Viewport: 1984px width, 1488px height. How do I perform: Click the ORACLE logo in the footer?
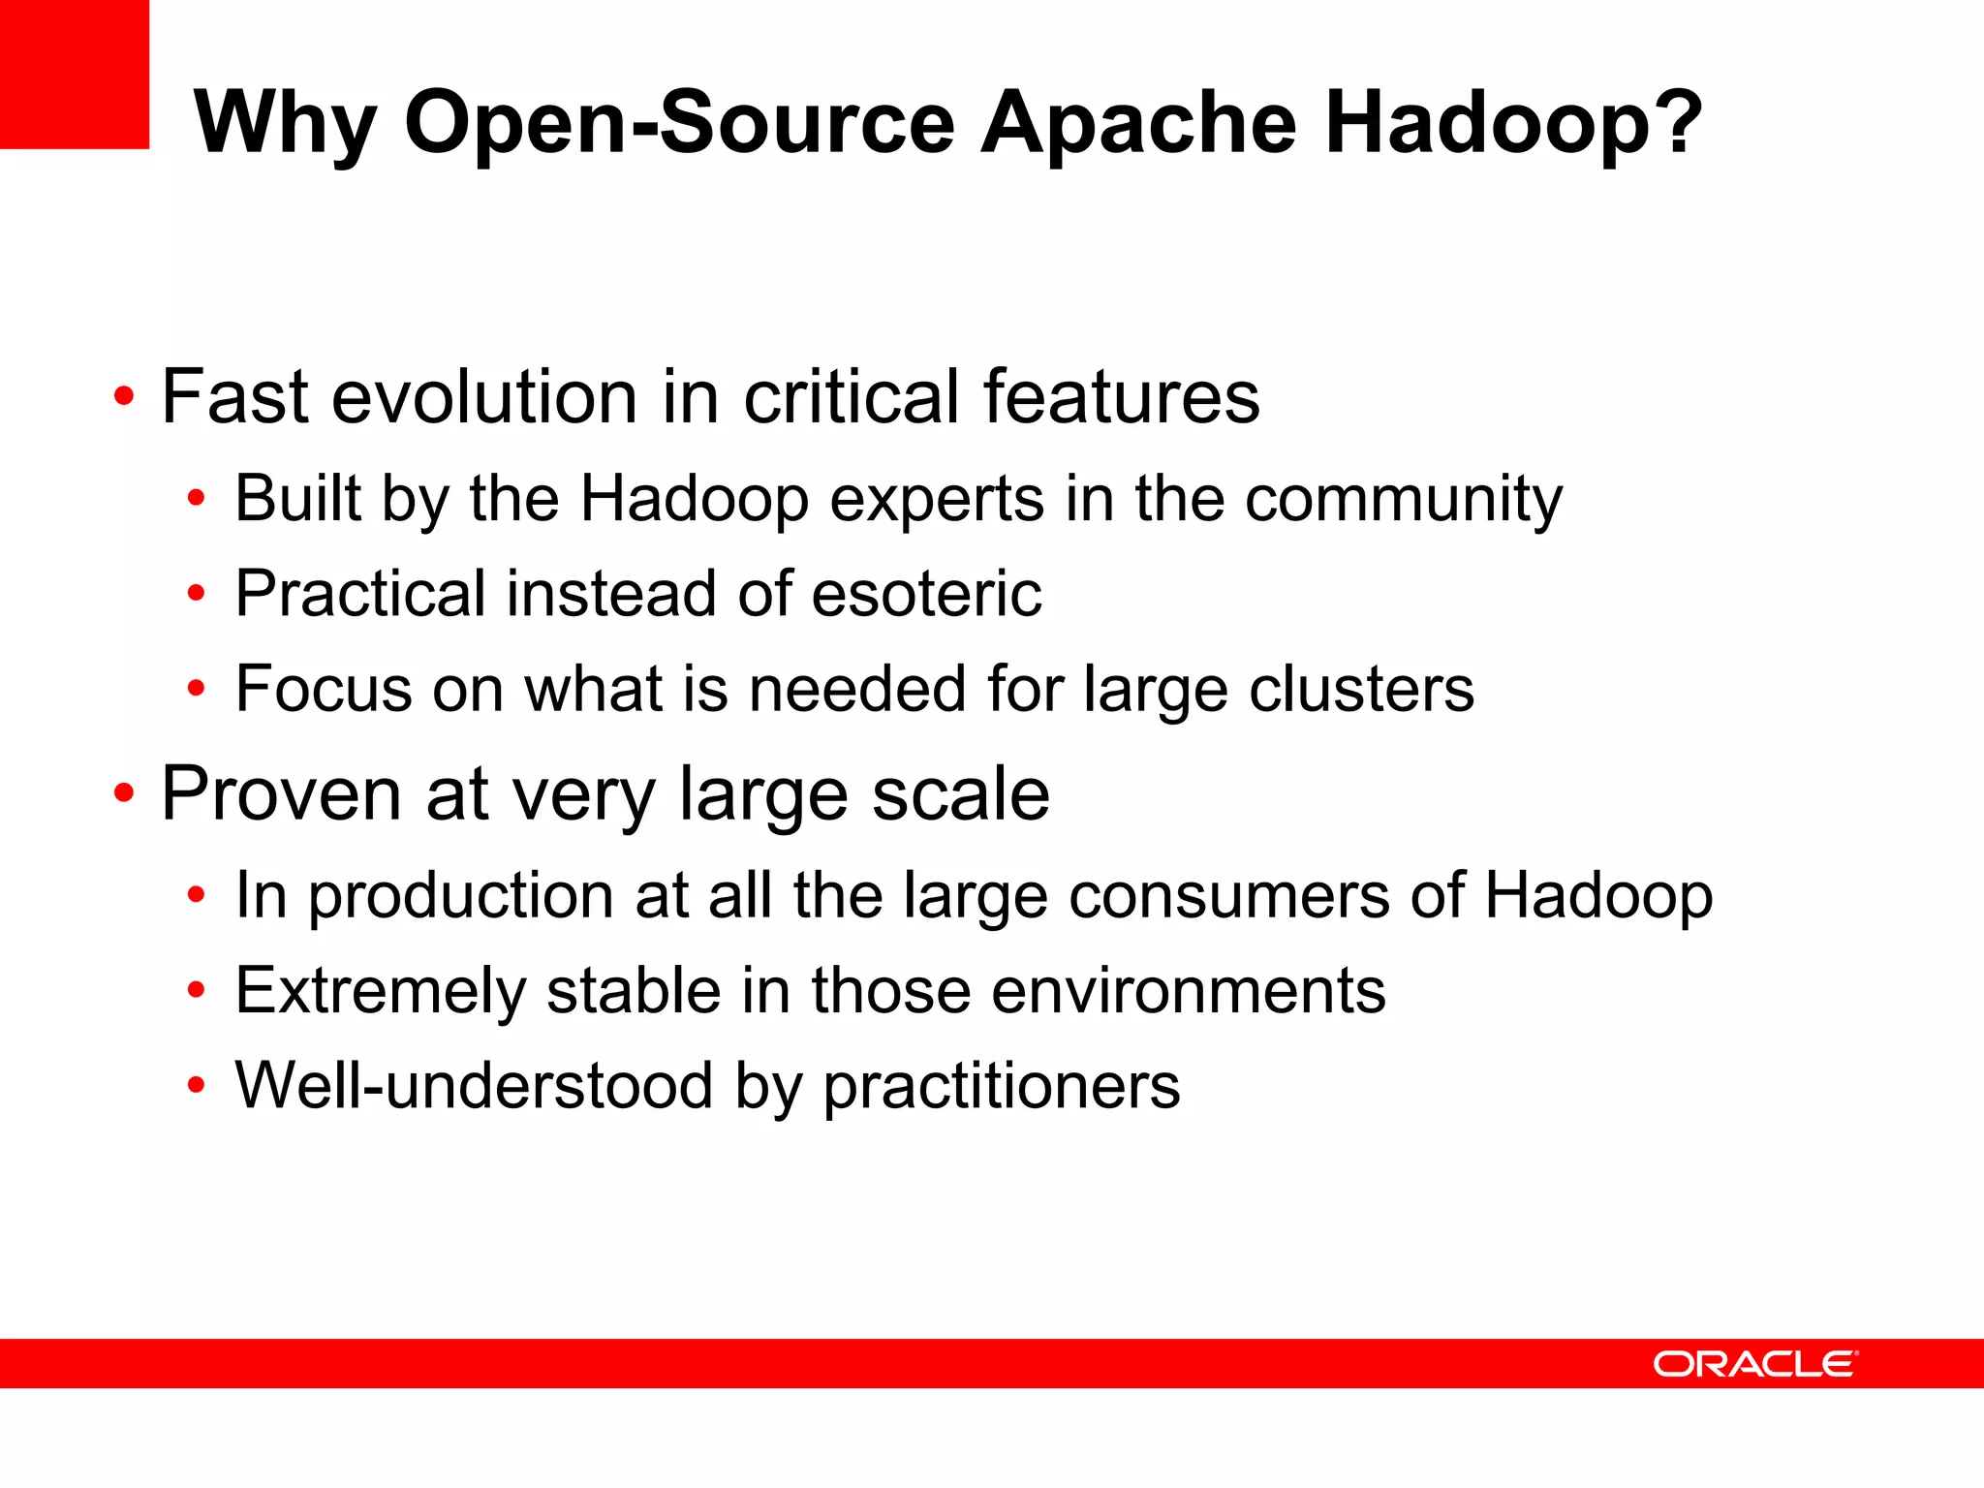(1754, 1364)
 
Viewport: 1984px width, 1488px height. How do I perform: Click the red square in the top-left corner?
(74, 74)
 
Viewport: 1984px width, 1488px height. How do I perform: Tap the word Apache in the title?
(1138, 123)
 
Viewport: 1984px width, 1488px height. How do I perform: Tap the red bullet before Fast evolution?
(123, 397)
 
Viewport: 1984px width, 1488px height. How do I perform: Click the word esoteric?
(927, 594)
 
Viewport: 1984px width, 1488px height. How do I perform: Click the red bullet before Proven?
(123, 793)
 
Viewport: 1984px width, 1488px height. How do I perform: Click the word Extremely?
(380, 991)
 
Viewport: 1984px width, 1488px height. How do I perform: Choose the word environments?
(1189, 991)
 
